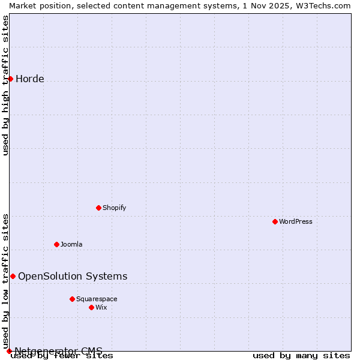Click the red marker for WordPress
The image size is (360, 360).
275,221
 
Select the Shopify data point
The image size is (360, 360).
98,208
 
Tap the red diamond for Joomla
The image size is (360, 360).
56,244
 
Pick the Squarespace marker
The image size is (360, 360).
72,299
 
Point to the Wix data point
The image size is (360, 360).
91,307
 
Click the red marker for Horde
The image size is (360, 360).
10,79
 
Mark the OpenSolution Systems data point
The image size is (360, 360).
13,276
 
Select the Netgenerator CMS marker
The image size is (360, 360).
9,351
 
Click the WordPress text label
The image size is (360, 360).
296,221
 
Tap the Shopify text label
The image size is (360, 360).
114,208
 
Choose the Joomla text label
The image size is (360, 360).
71,244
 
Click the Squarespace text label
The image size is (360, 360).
97,299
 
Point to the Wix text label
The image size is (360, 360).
101,307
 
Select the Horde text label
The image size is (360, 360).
30,79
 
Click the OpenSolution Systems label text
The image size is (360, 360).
73,276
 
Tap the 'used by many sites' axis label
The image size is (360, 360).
301,356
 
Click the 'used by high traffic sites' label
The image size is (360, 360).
5,85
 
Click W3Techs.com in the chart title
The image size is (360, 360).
322,5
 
